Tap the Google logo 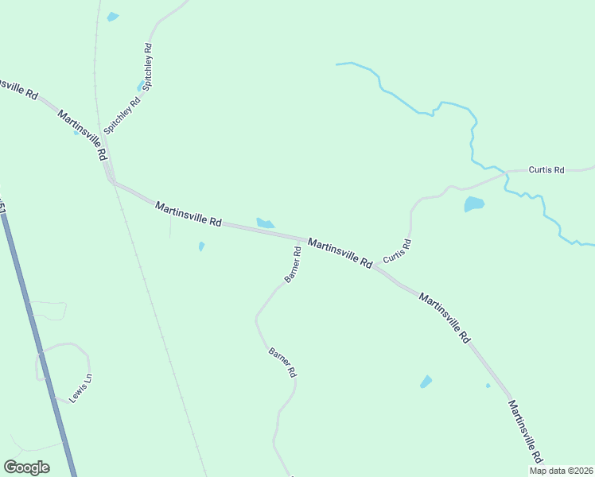26,467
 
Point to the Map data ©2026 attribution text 561,471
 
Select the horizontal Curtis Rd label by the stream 546,170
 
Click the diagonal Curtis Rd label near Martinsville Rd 396,251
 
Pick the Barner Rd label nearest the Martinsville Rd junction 292,265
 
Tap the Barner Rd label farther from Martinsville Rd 282,362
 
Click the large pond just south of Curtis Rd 474,204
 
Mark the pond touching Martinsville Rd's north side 265,223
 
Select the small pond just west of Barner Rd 201,246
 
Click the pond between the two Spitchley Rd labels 141,86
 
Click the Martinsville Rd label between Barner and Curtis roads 340,253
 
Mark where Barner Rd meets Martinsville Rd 301,238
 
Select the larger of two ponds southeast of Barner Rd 426,382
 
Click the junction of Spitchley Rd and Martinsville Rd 112,180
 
